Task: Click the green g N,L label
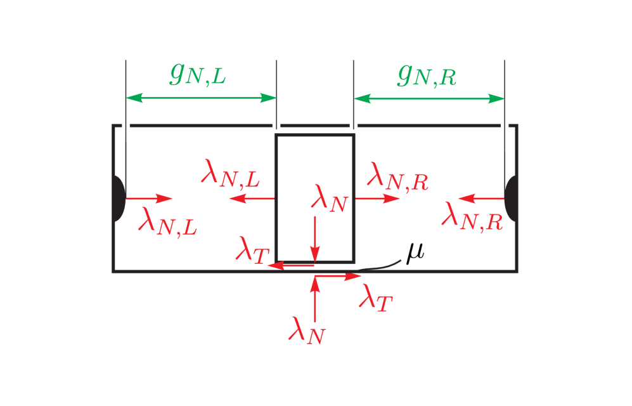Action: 198,74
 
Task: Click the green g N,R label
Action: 427,75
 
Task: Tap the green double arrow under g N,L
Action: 201,98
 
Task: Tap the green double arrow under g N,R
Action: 429,98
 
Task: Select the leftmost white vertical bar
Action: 126,101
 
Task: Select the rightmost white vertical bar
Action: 505,105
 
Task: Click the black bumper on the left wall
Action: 119,199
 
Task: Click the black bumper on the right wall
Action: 511,199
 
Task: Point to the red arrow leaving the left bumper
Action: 150,199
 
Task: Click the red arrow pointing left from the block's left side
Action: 252,199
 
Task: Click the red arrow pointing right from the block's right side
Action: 378,199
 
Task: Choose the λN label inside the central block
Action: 330,198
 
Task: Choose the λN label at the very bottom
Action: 307,331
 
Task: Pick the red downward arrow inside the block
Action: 314,239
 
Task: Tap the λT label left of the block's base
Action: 252,249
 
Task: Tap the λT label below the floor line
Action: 376,297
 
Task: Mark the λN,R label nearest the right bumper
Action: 472,216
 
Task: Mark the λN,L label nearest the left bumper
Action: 168,222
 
